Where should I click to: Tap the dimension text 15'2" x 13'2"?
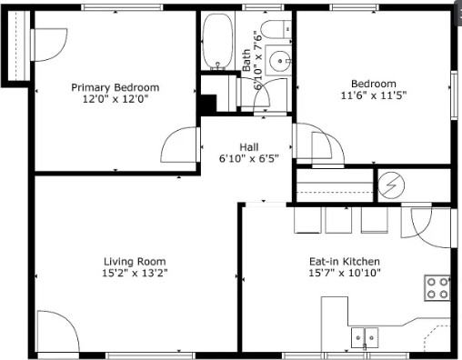click(135, 272)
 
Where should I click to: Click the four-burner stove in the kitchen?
click(437, 289)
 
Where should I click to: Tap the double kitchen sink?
click(367, 338)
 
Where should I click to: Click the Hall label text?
click(249, 146)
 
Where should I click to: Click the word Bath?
click(246, 61)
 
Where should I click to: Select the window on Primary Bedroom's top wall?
click(115, 8)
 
